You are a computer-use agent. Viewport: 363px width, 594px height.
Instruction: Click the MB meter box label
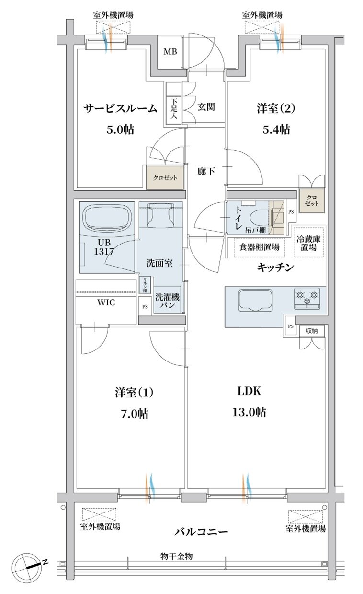click(x=170, y=51)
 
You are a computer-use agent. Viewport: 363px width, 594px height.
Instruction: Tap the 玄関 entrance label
click(x=206, y=107)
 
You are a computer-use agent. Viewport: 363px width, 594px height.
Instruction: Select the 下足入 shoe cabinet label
click(x=173, y=108)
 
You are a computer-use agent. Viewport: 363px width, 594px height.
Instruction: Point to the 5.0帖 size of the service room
click(x=120, y=129)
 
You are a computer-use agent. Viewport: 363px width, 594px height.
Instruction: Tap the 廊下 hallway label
click(x=206, y=171)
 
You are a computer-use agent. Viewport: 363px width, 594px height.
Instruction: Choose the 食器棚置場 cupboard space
click(x=259, y=247)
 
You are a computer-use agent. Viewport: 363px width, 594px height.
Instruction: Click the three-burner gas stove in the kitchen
click(x=307, y=299)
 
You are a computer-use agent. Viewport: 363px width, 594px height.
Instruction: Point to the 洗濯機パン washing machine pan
click(x=168, y=300)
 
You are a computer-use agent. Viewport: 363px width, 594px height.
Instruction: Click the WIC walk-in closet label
click(x=106, y=303)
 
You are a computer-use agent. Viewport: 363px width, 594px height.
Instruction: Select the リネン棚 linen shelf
click(x=145, y=285)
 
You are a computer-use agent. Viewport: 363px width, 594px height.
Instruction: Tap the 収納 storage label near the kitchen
click(x=312, y=331)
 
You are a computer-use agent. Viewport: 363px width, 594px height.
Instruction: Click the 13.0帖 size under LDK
click(x=249, y=412)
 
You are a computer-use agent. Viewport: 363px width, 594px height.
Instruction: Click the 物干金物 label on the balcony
click(x=176, y=556)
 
